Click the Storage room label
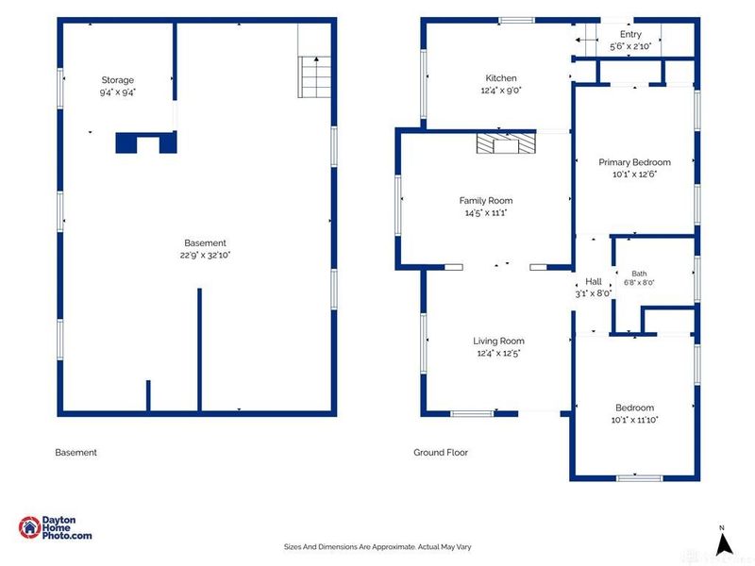(x=117, y=80)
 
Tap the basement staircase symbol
(x=314, y=77)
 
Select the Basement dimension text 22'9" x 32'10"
(x=205, y=255)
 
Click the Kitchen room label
(x=501, y=78)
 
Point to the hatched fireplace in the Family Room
(x=506, y=143)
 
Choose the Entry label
(x=630, y=34)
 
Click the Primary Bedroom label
(x=634, y=162)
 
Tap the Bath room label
(x=640, y=274)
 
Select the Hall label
(x=594, y=281)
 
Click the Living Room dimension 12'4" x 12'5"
(x=498, y=353)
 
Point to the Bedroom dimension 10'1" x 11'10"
(x=634, y=420)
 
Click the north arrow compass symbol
(x=723, y=542)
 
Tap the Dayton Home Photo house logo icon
(x=30, y=527)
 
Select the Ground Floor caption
(x=441, y=453)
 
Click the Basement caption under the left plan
(x=76, y=453)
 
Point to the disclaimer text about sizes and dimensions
(x=377, y=547)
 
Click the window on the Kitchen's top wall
(x=516, y=20)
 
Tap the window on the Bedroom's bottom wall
(x=640, y=478)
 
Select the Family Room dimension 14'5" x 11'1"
(x=486, y=213)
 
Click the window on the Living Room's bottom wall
(x=472, y=413)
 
